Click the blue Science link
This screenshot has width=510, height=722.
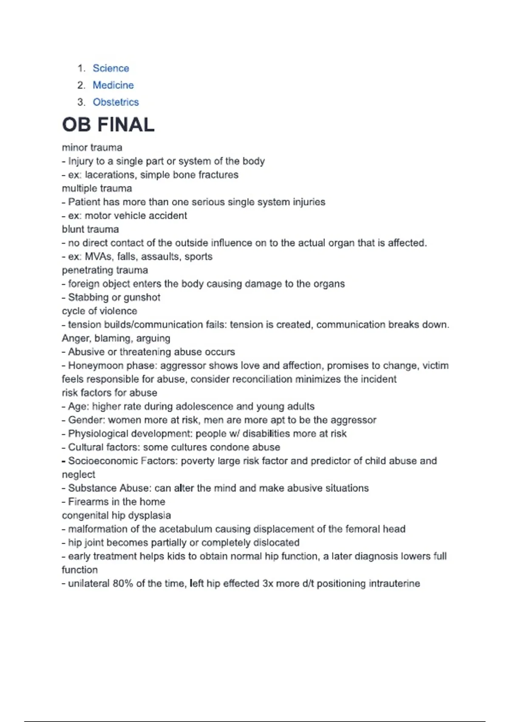pyautogui.click(x=110, y=68)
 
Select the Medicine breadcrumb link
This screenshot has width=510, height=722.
pyautogui.click(x=113, y=85)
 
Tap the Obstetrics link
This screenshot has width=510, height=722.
pyautogui.click(x=116, y=102)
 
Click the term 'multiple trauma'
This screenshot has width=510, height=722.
pyautogui.click(x=97, y=189)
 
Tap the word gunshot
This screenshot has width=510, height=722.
pyautogui.click(x=142, y=297)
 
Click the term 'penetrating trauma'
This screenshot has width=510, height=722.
pyautogui.click(x=105, y=270)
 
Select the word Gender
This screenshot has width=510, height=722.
pyautogui.click(x=86, y=420)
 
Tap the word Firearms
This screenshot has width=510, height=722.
pyautogui.click(x=88, y=502)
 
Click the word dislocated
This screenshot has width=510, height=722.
pyautogui.click(x=276, y=543)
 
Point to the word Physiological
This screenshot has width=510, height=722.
pyautogui.click(x=98, y=434)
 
